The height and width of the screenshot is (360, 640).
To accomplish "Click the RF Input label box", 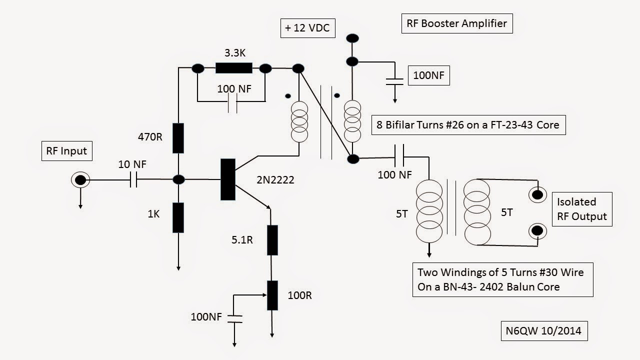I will pyautogui.click(x=66, y=150).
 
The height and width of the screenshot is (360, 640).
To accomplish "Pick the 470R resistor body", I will pyautogui.click(x=178, y=138).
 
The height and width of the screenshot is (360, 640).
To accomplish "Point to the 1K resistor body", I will pyautogui.click(x=178, y=217).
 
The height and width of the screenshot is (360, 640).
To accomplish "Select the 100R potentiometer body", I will pyautogui.click(x=272, y=295).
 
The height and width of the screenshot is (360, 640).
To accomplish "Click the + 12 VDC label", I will pyautogui.click(x=307, y=28).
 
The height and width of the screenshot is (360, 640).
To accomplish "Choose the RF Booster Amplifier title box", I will pyautogui.click(x=457, y=23).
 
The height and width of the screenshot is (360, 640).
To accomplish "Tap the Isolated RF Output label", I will pyautogui.click(x=582, y=209).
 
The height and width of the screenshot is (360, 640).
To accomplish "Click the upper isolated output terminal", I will pyautogui.click(x=538, y=194).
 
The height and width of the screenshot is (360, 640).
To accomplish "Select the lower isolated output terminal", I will pyautogui.click(x=538, y=230).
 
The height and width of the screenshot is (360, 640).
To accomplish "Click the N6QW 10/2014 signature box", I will pyautogui.click(x=543, y=330).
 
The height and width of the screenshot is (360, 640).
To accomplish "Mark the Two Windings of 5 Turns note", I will pyautogui.click(x=502, y=279).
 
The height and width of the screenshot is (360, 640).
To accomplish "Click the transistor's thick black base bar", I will pyautogui.click(x=227, y=179).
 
